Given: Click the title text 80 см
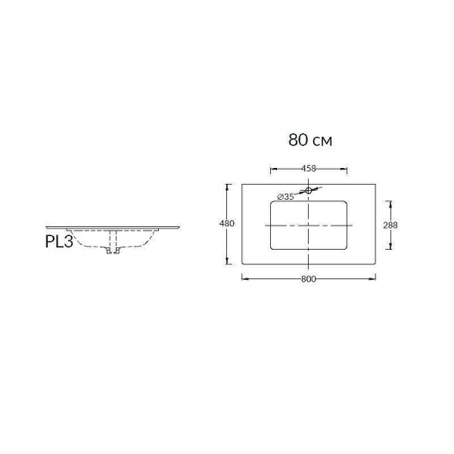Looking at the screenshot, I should pos(310,140).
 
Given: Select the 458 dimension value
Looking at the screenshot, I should pos(308,168).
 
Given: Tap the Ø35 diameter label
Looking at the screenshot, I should pos(285,197).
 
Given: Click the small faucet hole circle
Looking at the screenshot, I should pos(309,191).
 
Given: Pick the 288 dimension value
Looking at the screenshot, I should pos(390,225).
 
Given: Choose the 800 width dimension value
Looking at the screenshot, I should pos(308,278).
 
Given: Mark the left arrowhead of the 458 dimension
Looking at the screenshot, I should pos(272,168).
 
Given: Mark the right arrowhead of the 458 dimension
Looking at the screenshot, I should pos(346,168).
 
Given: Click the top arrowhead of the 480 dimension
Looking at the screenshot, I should pos(227,185).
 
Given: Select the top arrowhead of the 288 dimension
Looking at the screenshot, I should pos(390,202).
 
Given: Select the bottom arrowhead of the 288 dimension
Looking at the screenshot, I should pos(390,247).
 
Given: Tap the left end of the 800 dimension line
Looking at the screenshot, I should pos(243,278).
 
